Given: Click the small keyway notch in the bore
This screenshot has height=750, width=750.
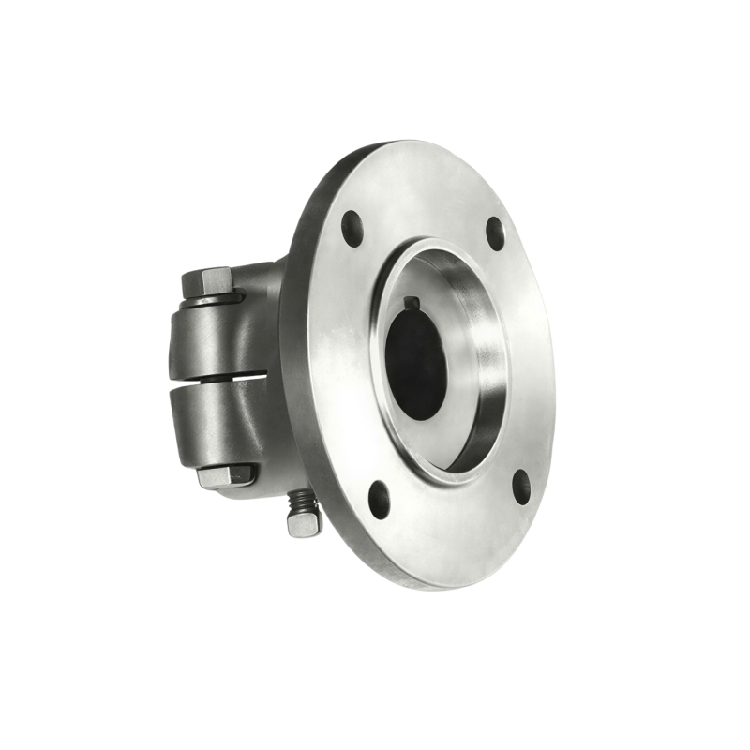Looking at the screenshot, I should (413, 302).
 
